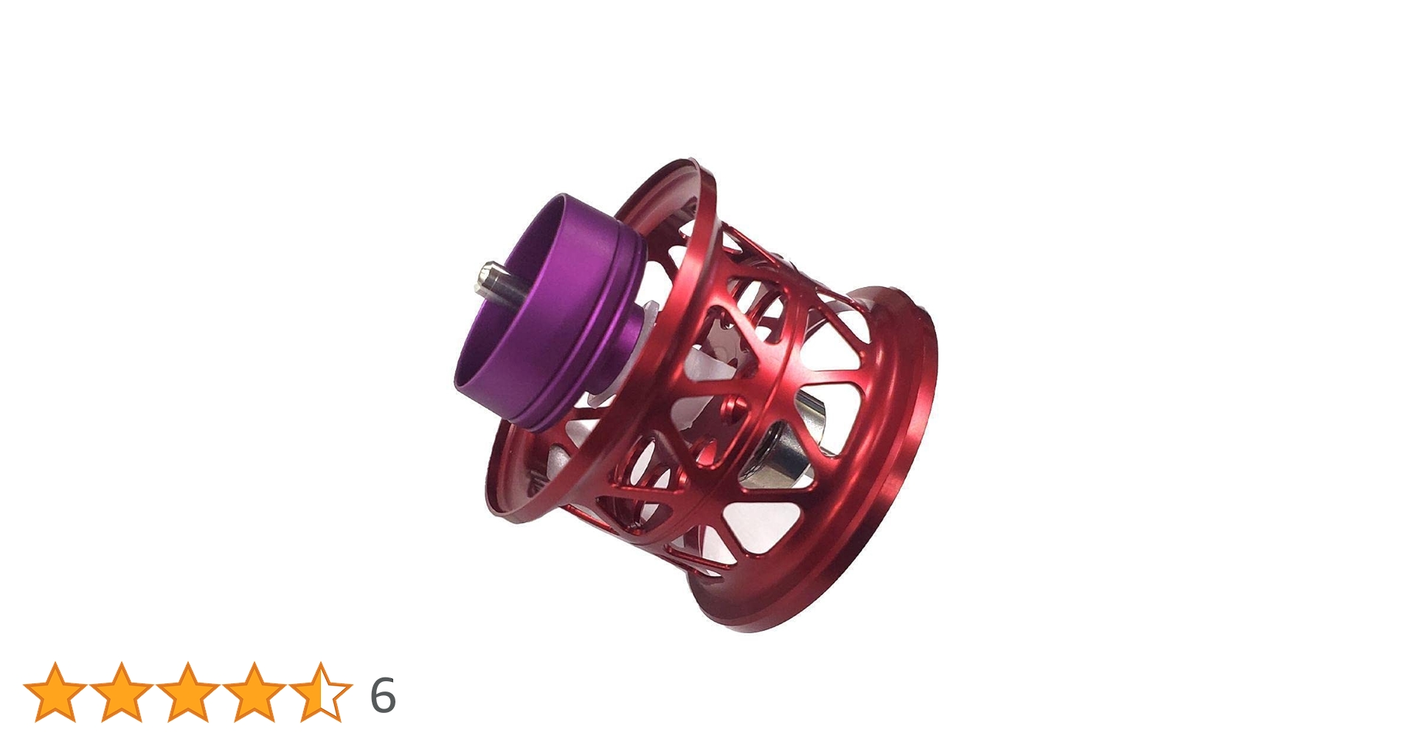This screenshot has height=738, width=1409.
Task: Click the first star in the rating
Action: coord(55,692)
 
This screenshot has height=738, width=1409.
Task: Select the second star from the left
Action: coord(121,692)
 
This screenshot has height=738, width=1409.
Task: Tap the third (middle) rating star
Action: coord(187,692)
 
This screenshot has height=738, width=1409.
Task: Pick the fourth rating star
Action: coord(254,692)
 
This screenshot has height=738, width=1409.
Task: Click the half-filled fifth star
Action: coord(320,692)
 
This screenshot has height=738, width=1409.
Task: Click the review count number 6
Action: coord(382,694)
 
